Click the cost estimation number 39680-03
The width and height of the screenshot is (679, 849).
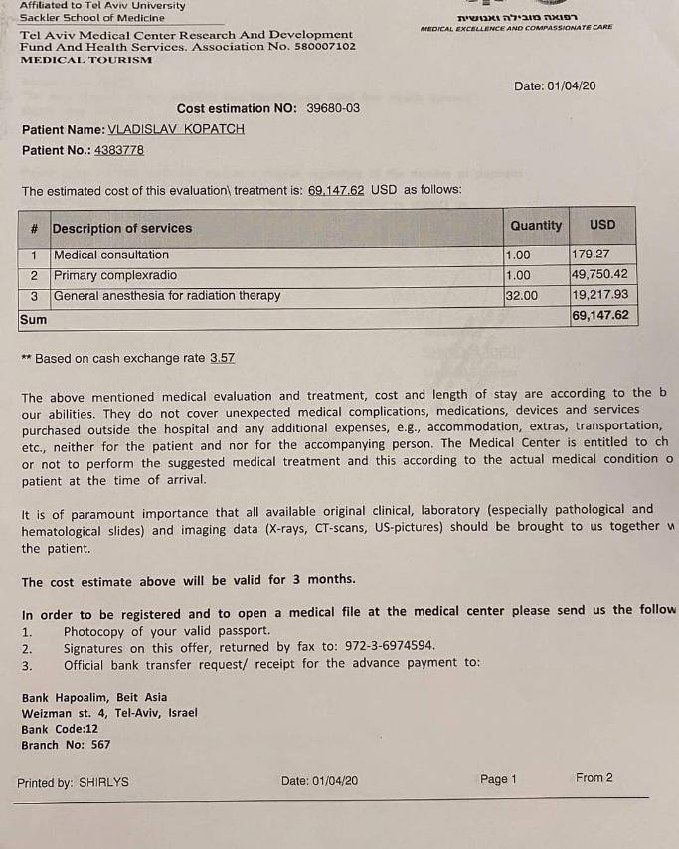pyautogui.click(x=333, y=108)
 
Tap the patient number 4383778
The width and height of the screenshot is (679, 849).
pyautogui.click(x=119, y=150)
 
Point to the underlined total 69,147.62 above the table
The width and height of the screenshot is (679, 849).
pyautogui.click(x=337, y=190)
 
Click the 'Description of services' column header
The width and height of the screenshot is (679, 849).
pyautogui.click(x=121, y=228)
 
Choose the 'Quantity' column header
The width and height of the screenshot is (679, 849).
pyautogui.click(x=536, y=226)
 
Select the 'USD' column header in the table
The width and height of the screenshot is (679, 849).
pyautogui.click(x=602, y=226)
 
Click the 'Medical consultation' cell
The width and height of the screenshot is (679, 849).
pyautogui.click(x=111, y=255)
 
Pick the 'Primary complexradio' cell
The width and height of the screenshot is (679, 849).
pyautogui.click(x=115, y=275)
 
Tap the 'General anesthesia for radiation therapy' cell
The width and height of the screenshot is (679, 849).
pyautogui.click(x=167, y=295)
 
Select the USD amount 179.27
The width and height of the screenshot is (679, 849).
pyautogui.click(x=591, y=255)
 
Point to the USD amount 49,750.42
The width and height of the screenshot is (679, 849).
pyautogui.click(x=599, y=275)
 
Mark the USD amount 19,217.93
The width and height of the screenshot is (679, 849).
pyautogui.click(x=599, y=295)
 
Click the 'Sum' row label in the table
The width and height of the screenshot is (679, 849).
pyautogui.click(x=33, y=319)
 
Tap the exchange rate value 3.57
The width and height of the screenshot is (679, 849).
pyautogui.click(x=222, y=358)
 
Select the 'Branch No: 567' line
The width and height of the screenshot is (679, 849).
pyautogui.click(x=66, y=744)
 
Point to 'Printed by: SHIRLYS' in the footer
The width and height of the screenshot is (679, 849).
pyautogui.click(x=73, y=782)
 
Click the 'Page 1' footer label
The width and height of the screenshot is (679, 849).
pyautogui.click(x=498, y=779)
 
